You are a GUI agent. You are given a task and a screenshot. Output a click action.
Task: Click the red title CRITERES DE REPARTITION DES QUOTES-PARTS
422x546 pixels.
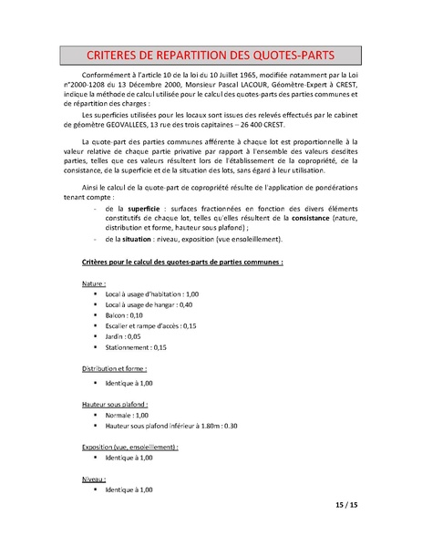211,54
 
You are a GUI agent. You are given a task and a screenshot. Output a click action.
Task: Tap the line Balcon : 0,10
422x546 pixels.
118,314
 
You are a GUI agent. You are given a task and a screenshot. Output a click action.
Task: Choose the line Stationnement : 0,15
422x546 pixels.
132,346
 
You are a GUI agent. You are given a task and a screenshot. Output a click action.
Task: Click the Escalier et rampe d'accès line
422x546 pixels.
150,325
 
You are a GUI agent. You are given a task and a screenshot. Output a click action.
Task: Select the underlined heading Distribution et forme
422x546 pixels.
114,369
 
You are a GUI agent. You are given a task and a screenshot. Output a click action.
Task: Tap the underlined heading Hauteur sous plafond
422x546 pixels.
114,403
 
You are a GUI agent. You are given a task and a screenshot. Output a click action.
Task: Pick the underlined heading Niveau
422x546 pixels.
94,479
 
